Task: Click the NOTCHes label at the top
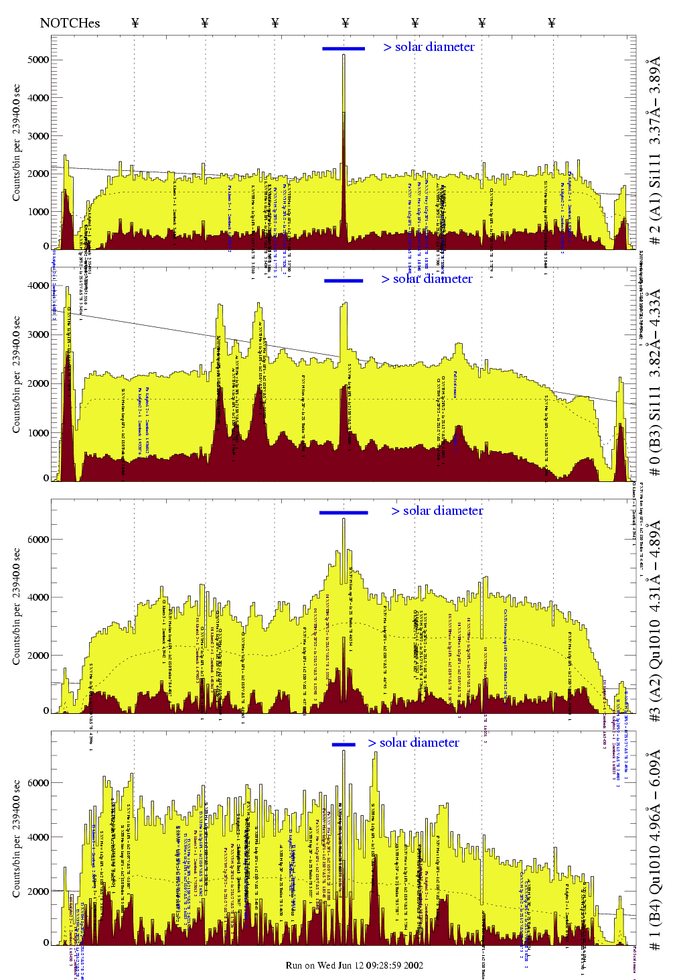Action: click(70, 23)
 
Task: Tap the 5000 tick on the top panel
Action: click(38, 60)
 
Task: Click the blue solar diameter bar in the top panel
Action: click(344, 48)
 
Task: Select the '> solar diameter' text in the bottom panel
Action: click(413, 743)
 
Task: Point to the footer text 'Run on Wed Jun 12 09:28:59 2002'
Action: click(354, 965)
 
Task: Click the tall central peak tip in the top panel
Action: click(344, 56)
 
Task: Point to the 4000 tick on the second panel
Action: click(38, 286)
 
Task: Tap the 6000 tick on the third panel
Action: click(38, 540)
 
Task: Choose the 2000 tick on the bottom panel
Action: click(38, 892)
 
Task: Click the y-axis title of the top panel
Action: click(17, 143)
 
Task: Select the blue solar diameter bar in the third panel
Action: click(344, 513)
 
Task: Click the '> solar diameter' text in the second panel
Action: click(427, 279)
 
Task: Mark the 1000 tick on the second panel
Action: click(38, 433)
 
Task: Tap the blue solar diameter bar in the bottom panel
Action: click(344, 744)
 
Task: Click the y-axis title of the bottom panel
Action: click(17, 838)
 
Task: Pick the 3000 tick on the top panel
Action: click(38, 136)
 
